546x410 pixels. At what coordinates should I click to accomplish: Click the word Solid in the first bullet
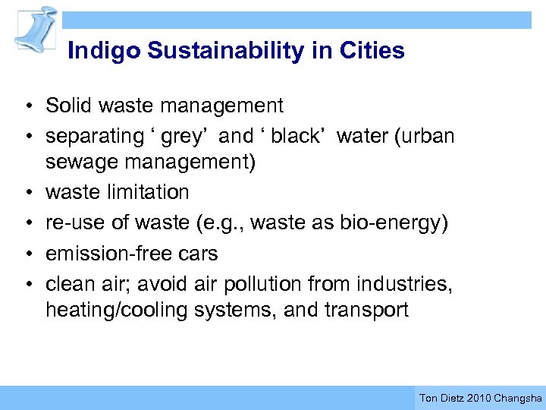(x=67, y=105)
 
